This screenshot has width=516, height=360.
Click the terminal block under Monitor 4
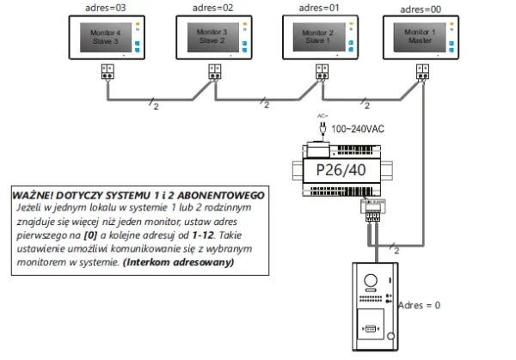[x=107, y=72]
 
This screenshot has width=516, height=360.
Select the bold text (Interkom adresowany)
[x=179, y=261]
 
